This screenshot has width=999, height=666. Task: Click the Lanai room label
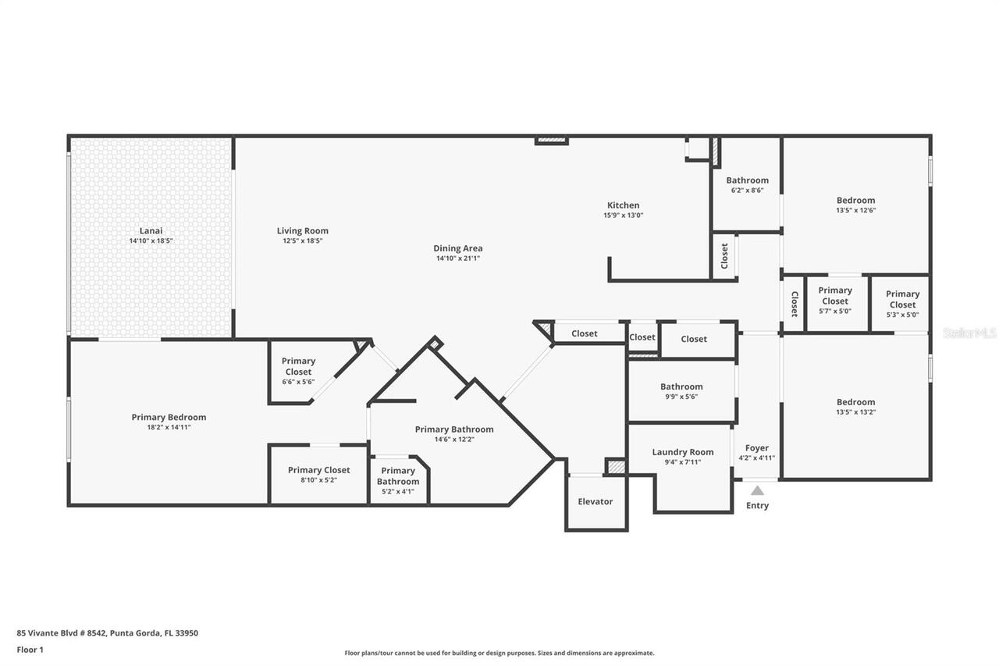pyautogui.click(x=151, y=230)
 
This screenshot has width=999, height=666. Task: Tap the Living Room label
pyautogui.click(x=302, y=230)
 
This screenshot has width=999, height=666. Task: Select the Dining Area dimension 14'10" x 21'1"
pyautogui.click(x=457, y=258)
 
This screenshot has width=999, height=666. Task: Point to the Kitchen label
pyautogui.click(x=623, y=205)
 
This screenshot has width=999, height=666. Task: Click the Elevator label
pyautogui.click(x=595, y=501)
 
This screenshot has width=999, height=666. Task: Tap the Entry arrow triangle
pyautogui.click(x=757, y=490)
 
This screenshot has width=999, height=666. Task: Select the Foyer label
pyautogui.click(x=756, y=448)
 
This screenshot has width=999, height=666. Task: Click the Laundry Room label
pyautogui.click(x=682, y=452)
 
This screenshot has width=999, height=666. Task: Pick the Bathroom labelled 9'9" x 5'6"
pyautogui.click(x=681, y=386)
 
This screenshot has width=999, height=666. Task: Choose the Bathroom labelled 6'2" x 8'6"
pyautogui.click(x=747, y=180)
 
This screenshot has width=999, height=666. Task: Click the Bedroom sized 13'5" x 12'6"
pyautogui.click(x=855, y=201)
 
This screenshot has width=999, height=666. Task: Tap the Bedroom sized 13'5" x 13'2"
pyautogui.click(x=855, y=402)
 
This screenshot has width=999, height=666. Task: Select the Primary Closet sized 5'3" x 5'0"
pyautogui.click(x=902, y=299)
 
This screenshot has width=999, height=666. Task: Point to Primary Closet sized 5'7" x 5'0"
pyautogui.click(x=834, y=295)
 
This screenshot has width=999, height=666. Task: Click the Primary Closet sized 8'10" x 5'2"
pyautogui.click(x=318, y=470)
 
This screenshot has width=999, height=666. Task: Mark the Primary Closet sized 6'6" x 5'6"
pyautogui.click(x=298, y=366)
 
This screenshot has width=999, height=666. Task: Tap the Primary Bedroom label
pyautogui.click(x=169, y=417)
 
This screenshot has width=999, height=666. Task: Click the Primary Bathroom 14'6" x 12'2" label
pyautogui.click(x=453, y=429)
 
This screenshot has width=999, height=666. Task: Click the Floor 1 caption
pyautogui.click(x=30, y=650)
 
